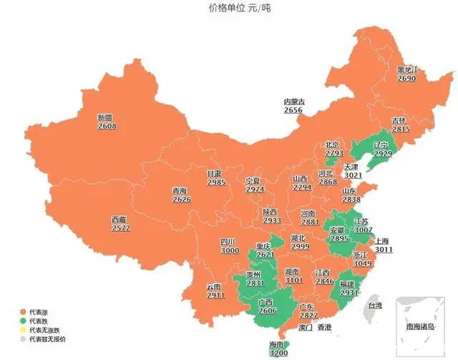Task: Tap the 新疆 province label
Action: click(x=106, y=117)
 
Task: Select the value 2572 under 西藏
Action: click(x=121, y=228)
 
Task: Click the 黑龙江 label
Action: click(x=407, y=70)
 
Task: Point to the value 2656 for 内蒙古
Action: click(x=293, y=110)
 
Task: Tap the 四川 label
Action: click(x=228, y=242)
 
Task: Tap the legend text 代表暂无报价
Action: click(x=47, y=339)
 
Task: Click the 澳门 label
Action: click(x=304, y=328)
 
